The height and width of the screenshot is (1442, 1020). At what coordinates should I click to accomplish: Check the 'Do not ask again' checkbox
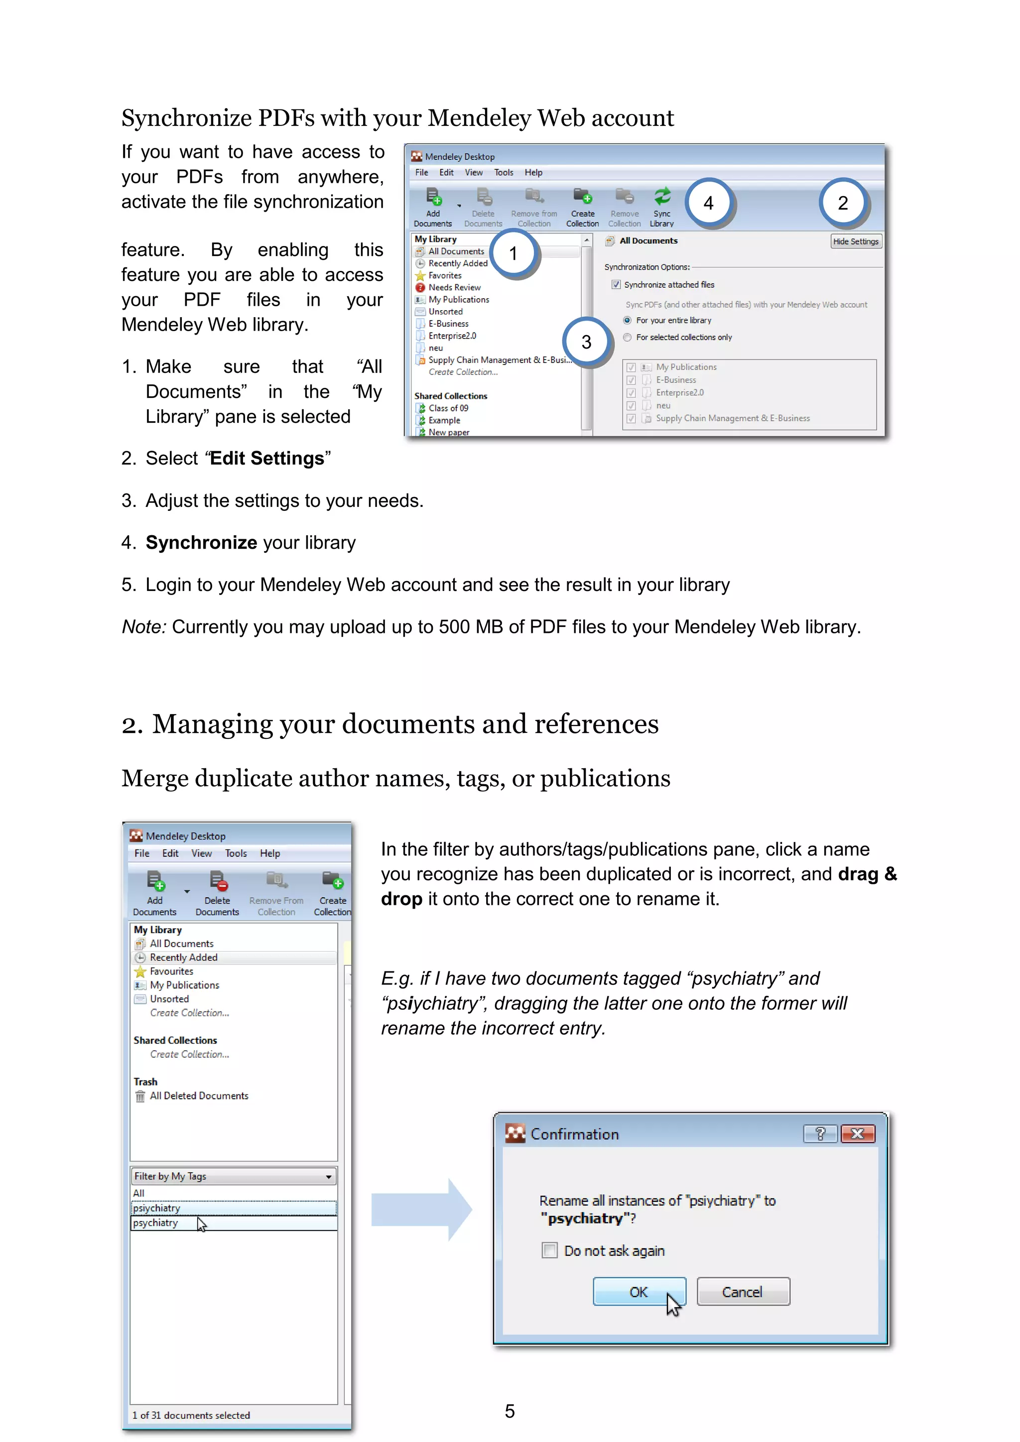549,1250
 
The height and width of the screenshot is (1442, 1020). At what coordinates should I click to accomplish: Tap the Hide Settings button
856,241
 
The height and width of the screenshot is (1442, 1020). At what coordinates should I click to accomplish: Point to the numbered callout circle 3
586,342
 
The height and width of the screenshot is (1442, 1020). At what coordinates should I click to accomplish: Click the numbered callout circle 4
709,203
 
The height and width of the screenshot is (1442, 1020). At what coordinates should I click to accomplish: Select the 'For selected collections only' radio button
628,337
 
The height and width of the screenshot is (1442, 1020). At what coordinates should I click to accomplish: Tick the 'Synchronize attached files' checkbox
616,284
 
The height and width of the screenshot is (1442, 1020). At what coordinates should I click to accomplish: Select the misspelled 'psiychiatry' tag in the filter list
156,1208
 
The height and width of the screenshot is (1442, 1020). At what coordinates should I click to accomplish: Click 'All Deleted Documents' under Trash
199,1095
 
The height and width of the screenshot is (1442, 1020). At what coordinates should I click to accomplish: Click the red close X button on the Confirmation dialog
857,1134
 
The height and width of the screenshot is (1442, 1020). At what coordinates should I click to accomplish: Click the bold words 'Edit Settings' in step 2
267,459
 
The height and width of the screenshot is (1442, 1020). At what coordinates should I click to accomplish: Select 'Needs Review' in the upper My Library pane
454,287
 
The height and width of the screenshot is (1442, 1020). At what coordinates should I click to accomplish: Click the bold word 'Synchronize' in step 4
201,542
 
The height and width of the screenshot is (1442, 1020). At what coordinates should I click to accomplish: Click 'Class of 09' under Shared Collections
448,408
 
